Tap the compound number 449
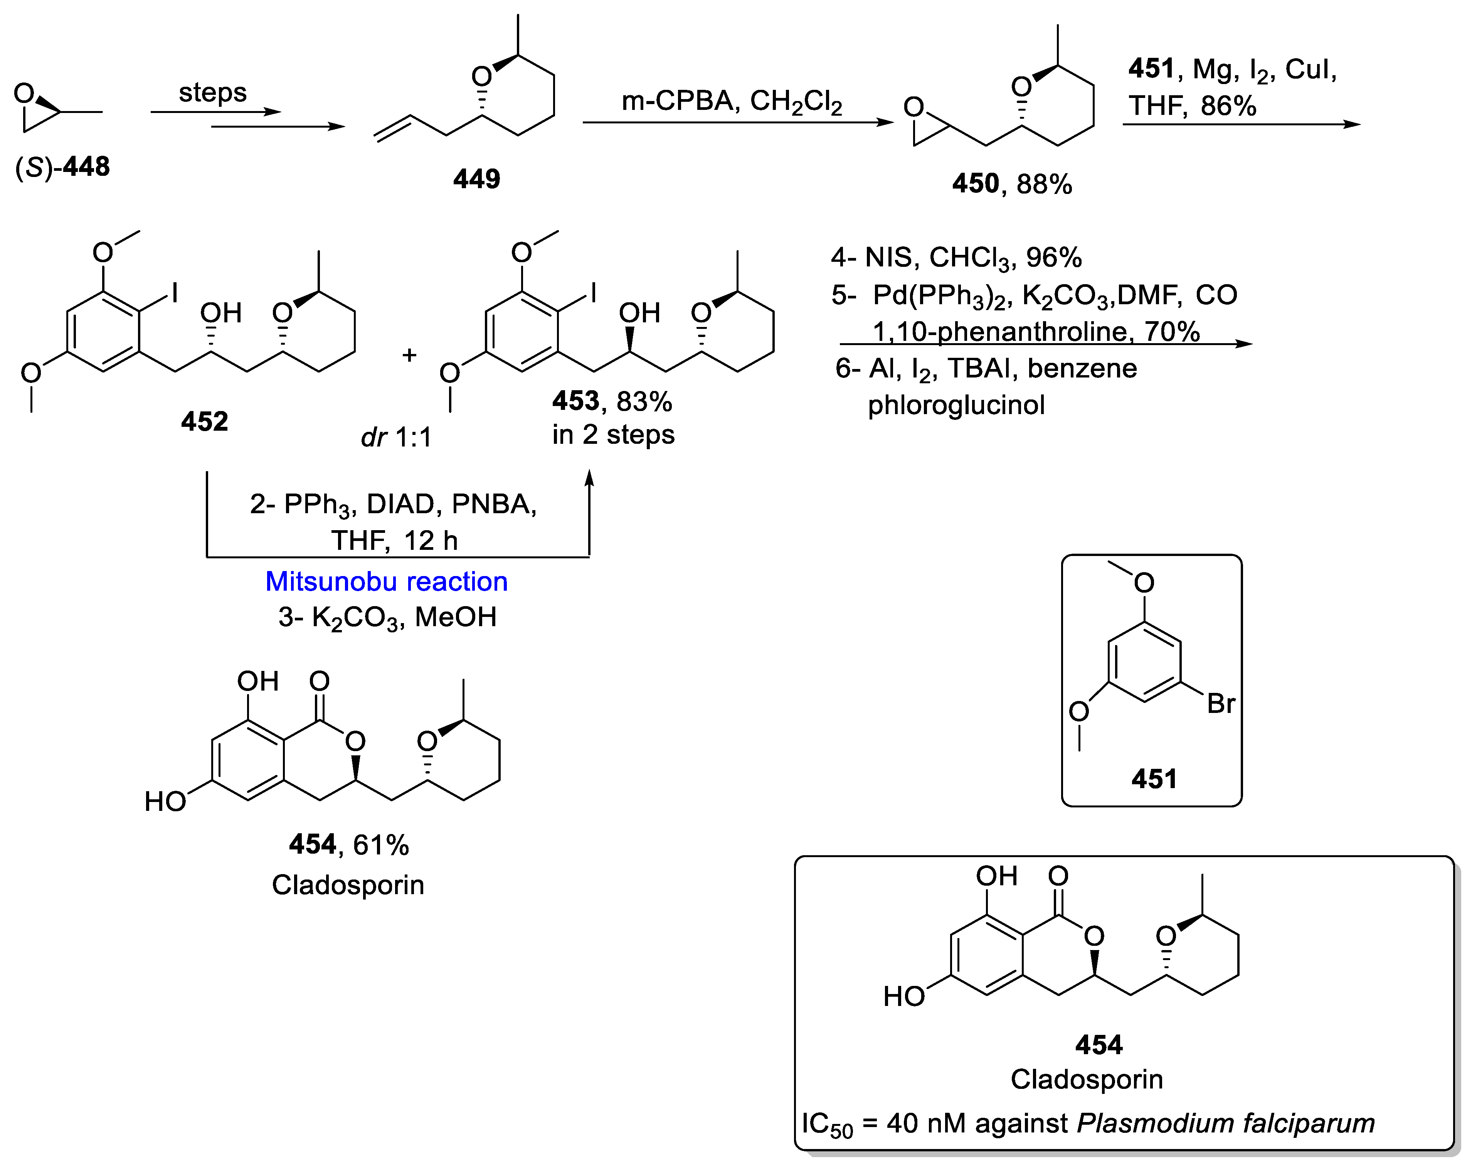476,179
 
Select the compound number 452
204,421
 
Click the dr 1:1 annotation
396,437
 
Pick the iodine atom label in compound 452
175,293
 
